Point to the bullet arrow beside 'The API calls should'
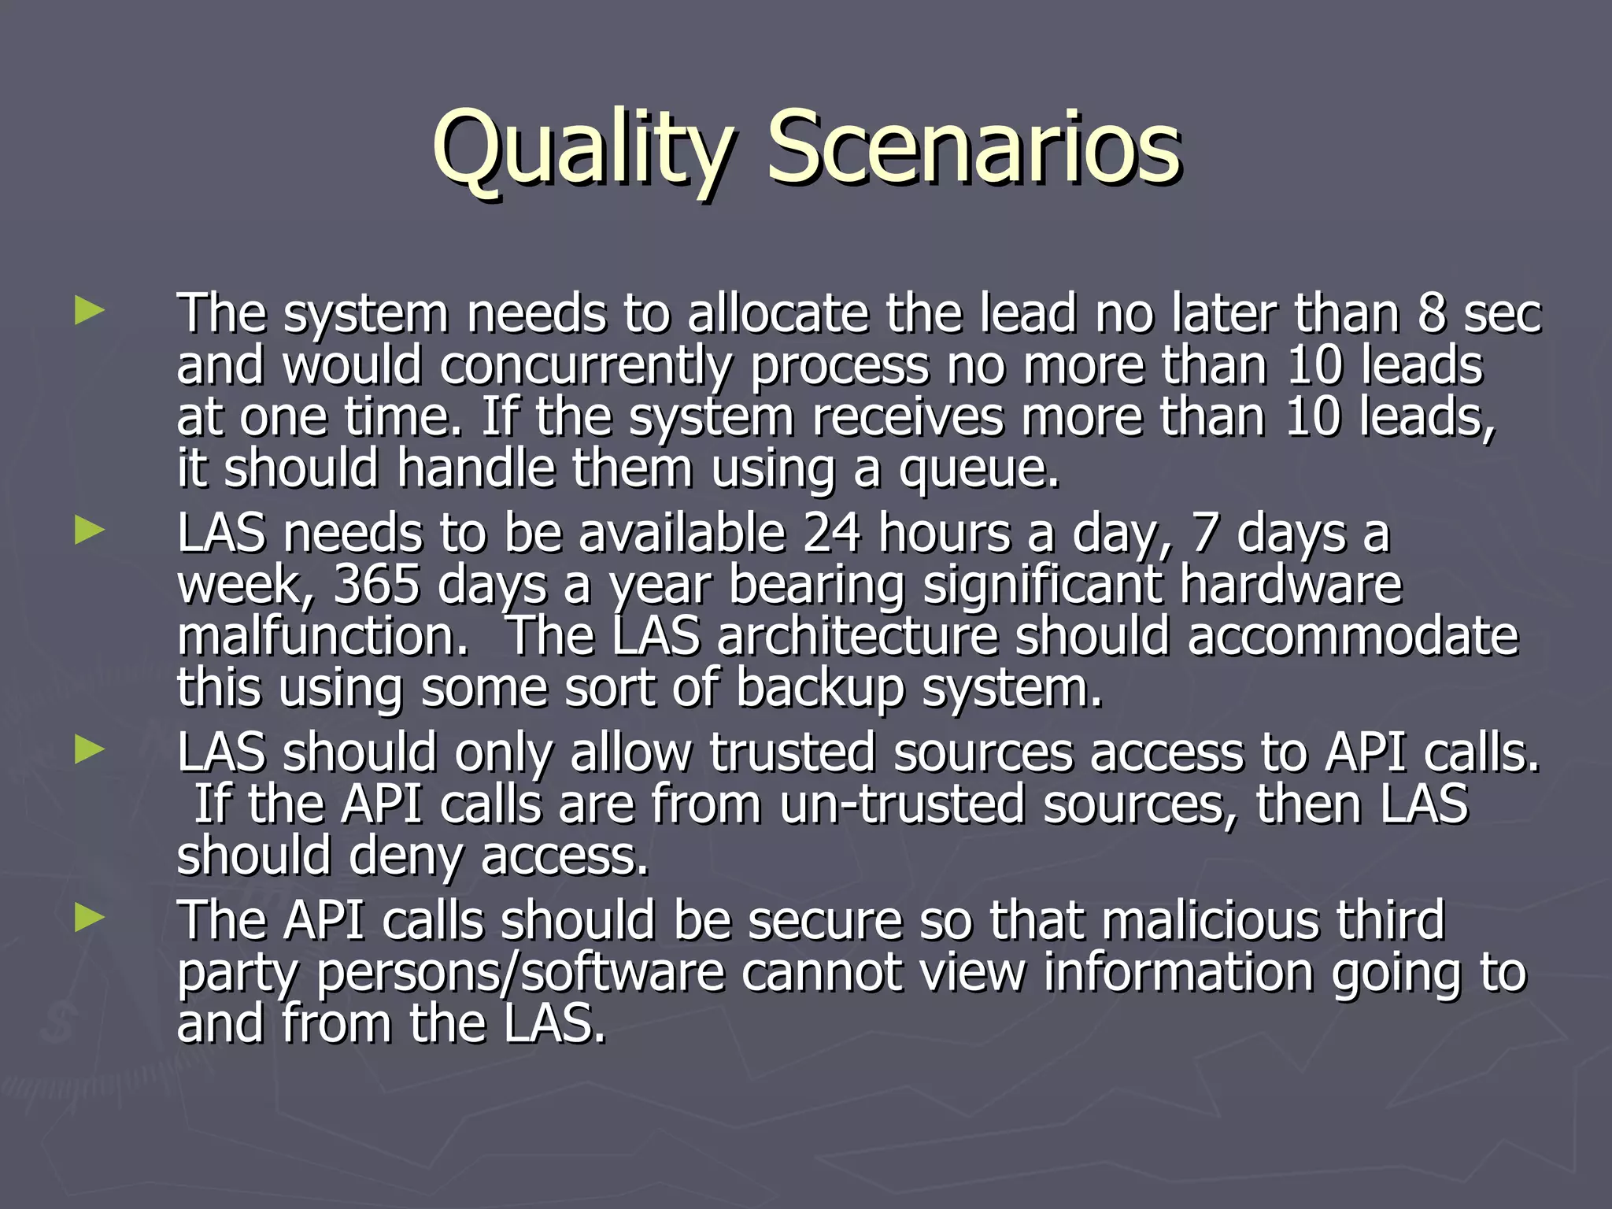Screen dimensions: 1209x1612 click(90, 918)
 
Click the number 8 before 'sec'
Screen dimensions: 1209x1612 click(1432, 313)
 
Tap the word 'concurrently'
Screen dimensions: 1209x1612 click(586, 368)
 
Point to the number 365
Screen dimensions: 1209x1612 click(376, 585)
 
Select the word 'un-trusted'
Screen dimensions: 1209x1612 click(902, 804)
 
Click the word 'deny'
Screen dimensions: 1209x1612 click(405, 857)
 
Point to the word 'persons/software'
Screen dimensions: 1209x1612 click(519, 973)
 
